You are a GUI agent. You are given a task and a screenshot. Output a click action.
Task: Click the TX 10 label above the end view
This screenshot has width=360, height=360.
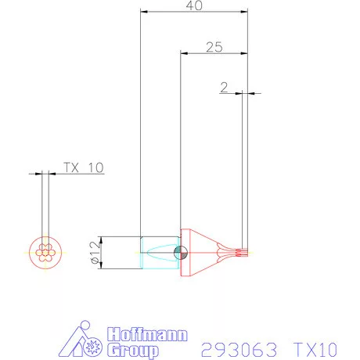click(x=83, y=167)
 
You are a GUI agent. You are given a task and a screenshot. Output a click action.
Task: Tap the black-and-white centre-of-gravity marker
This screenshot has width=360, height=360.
click(x=181, y=252)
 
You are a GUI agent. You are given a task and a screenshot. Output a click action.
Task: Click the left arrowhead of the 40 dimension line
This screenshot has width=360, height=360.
click(x=142, y=12)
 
